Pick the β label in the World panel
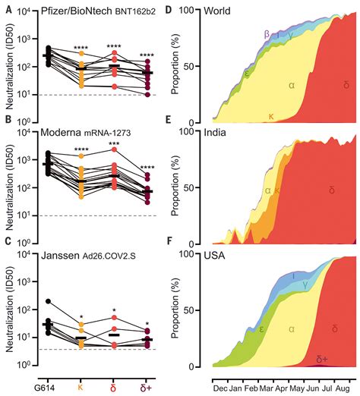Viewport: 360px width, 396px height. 266,34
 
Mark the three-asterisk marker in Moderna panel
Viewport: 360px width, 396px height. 114,144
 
